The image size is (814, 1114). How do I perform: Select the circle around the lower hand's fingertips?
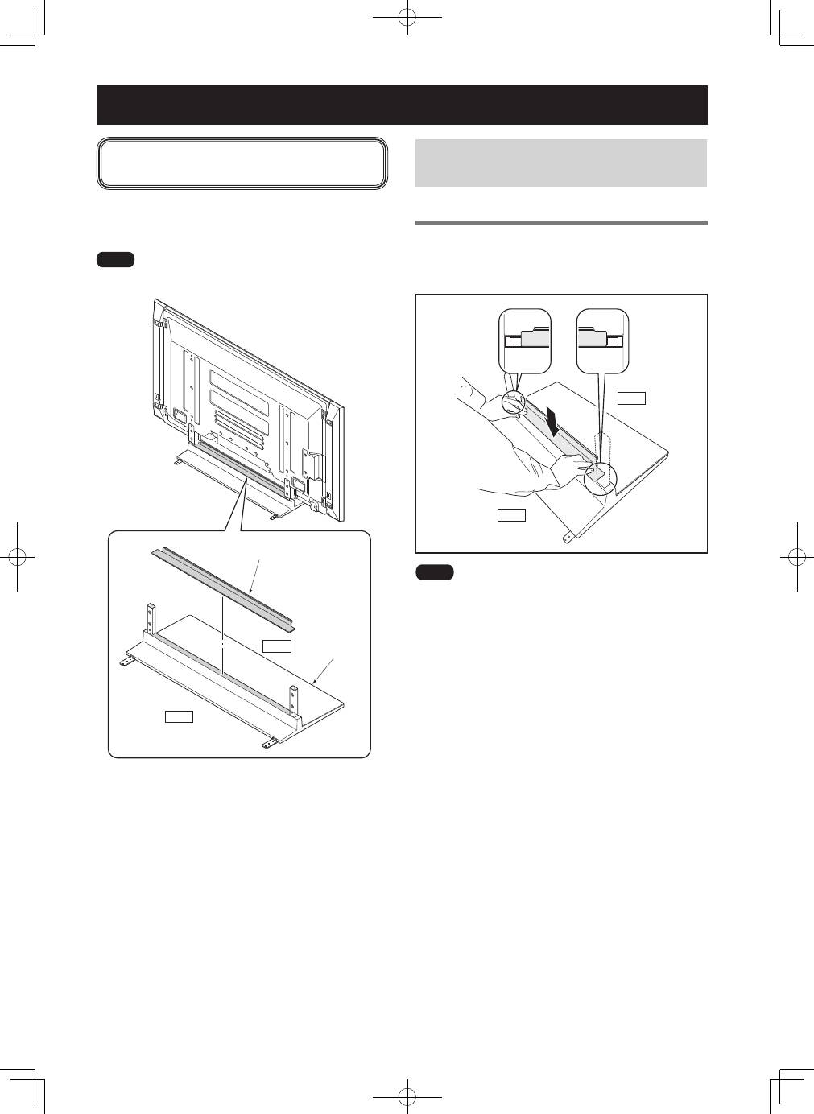[x=599, y=476]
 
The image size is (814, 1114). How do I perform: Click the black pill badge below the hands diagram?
[x=435, y=572]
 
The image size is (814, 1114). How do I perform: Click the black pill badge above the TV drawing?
[x=115, y=259]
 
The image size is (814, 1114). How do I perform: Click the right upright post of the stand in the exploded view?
[x=293, y=699]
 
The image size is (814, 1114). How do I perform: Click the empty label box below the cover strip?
[x=276, y=646]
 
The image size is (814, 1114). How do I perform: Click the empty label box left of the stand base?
[x=178, y=716]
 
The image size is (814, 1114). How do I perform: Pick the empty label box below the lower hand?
[x=511, y=514]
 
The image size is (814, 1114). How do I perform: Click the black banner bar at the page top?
[x=402, y=105]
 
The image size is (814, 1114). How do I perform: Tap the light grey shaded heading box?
[x=560, y=163]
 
